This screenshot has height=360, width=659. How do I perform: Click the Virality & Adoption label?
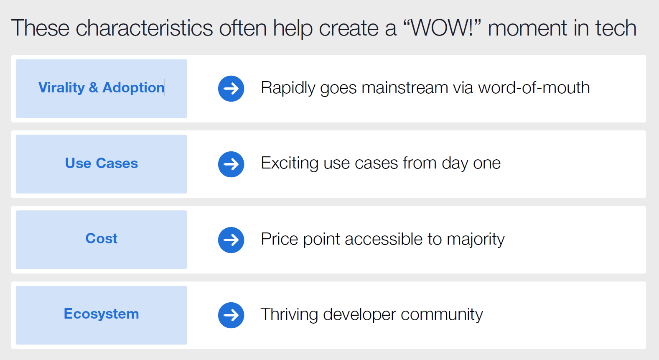tap(101, 88)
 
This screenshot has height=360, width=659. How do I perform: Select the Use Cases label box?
tap(102, 164)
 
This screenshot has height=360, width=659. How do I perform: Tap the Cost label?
tap(102, 238)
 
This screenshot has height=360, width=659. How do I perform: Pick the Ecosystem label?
tap(102, 314)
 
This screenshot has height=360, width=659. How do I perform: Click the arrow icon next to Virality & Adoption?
tap(231, 89)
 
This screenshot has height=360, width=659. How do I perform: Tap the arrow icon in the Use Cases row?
tap(231, 164)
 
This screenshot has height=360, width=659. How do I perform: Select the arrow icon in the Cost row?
tap(231, 240)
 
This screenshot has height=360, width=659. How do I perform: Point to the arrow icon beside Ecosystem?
tap(231, 315)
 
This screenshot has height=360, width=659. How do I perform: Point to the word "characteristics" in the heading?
tap(144, 28)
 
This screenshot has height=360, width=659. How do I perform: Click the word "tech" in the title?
tap(616, 28)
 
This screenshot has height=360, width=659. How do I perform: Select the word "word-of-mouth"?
tap(534, 88)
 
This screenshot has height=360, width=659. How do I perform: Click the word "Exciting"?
tap(290, 163)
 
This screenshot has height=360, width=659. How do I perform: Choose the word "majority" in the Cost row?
tap(476, 239)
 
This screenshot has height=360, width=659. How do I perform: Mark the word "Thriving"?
tap(289, 314)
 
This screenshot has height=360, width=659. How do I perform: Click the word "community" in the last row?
tap(442, 315)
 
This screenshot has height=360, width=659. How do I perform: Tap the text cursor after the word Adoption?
tap(165, 87)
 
